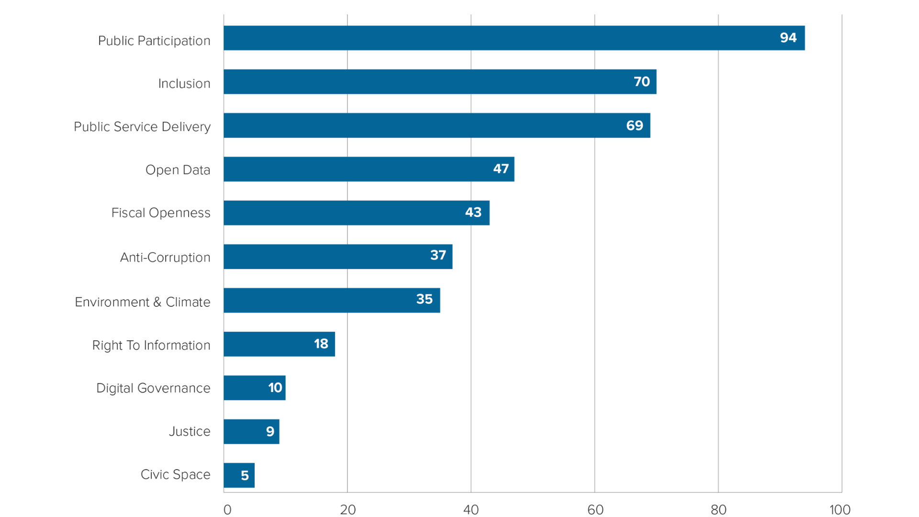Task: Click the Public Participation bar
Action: pos(514,38)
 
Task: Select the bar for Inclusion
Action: pos(440,82)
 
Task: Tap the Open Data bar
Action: pos(370,169)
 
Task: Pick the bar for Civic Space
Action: pos(239,475)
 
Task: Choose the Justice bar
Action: pos(252,431)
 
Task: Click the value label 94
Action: pos(788,38)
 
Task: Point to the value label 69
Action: pos(634,125)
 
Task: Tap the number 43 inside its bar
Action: pos(473,213)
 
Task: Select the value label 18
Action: pos(321,344)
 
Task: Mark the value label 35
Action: pos(424,299)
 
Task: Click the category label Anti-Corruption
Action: pos(165,258)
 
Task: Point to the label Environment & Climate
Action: pos(142,302)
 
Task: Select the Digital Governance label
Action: pos(153,388)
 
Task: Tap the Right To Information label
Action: pos(151,345)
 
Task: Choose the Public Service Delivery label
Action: pos(142,127)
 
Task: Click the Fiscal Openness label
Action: pos(160,213)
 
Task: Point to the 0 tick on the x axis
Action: pos(227,509)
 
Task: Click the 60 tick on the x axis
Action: pos(595,509)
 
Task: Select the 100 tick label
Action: pos(840,509)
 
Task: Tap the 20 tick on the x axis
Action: pos(348,509)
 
